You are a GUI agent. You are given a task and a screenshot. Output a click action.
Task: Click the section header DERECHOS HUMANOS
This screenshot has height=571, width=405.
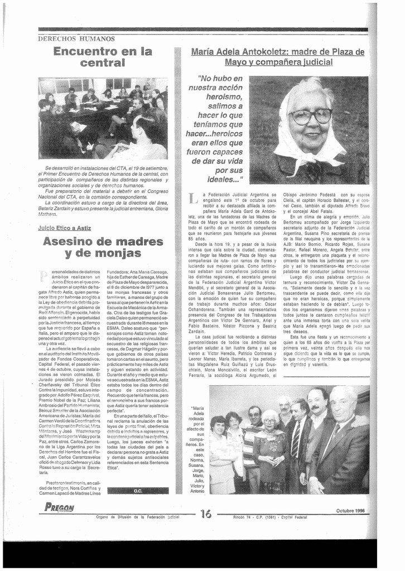point(76,39)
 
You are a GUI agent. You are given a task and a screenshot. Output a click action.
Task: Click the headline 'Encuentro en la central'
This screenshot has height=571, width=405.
point(103,57)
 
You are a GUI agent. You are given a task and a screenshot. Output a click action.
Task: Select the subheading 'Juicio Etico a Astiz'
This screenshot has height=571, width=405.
point(65,228)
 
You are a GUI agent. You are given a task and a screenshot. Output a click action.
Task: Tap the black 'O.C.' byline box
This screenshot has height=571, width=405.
point(138,491)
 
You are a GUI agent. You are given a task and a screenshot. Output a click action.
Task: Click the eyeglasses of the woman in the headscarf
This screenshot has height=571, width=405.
point(310,116)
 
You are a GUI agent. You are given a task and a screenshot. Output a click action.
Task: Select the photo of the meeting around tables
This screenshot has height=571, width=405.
point(103,118)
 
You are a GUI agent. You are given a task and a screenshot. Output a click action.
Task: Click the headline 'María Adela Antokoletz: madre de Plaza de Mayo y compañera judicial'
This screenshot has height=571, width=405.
point(277,57)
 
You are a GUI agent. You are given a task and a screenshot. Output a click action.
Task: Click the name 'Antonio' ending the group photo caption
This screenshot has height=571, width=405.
point(197,491)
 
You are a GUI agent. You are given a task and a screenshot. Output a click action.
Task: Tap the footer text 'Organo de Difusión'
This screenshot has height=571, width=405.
point(116,517)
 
